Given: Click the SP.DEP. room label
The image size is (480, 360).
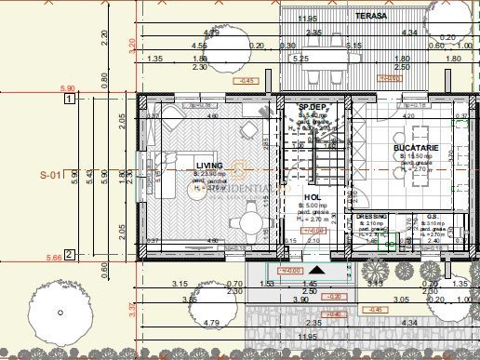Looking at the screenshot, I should pyautogui.click(x=310, y=108).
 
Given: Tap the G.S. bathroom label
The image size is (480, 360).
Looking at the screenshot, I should pyautogui.click(x=431, y=216).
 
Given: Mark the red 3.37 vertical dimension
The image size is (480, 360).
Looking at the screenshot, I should pyautogui.click(x=131, y=309).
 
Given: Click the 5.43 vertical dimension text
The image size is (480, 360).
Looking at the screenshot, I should pyautogui.click(x=91, y=174).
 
